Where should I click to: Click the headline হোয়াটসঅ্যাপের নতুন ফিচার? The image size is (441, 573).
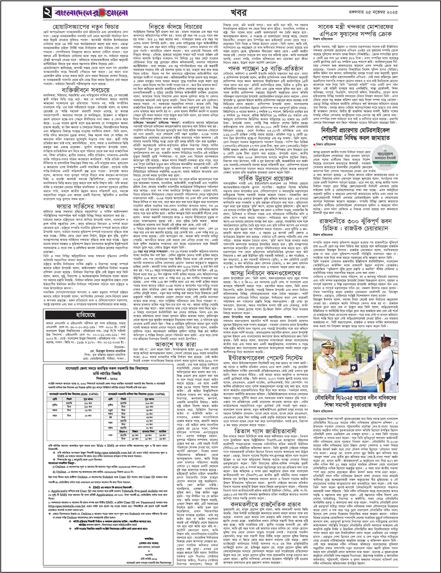[x=85, y=27]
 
